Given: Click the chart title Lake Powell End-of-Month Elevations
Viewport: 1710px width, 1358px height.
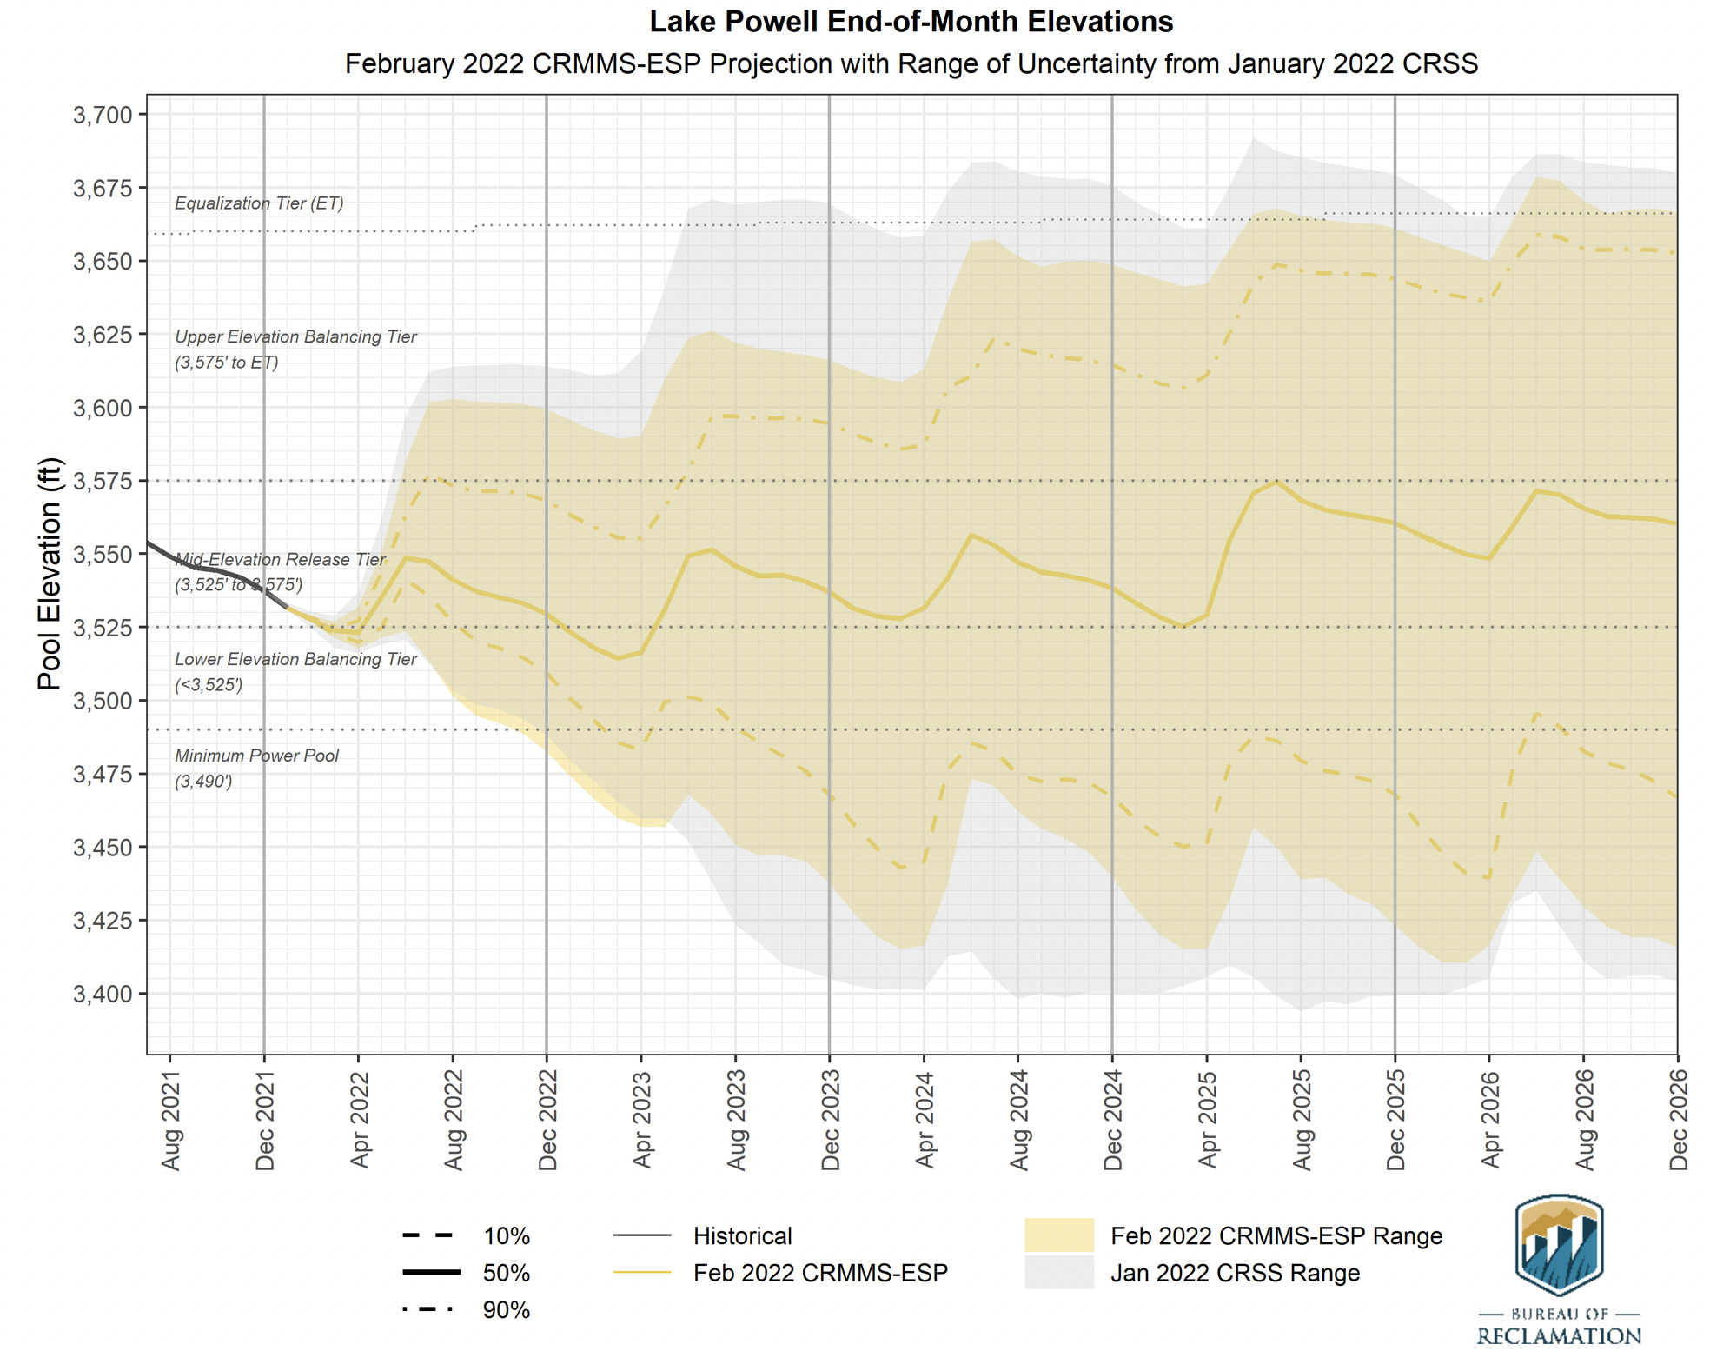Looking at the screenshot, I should tap(911, 22).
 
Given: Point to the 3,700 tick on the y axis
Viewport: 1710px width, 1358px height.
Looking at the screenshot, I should tap(103, 115).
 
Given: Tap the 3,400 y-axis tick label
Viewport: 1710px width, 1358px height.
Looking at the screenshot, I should tap(103, 994).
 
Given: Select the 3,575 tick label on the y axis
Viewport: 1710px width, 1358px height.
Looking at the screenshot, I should tap(103, 481).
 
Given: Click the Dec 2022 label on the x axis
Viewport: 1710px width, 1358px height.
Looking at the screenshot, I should tap(547, 1121).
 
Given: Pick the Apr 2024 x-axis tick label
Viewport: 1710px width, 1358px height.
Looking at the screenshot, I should tap(925, 1121).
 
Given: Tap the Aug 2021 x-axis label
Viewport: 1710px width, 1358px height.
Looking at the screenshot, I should tap(170, 1121).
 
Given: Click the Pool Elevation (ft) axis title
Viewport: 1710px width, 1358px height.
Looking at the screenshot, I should tap(50, 574).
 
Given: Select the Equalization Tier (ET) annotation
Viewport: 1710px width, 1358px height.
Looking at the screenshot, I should tap(259, 203).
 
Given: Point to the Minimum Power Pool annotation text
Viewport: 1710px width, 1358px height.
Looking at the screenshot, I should tap(256, 756).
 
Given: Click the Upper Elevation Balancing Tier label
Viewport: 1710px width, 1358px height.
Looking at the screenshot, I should tap(295, 337).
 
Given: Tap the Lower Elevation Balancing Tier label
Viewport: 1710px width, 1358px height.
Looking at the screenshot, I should tap(295, 660).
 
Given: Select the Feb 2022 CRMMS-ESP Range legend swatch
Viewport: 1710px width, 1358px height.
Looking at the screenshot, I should tap(1058, 1235).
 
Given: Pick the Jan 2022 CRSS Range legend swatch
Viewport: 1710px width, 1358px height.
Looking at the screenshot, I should tap(1058, 1273).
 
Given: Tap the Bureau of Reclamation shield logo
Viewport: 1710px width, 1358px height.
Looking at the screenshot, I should tap(1559, 1245).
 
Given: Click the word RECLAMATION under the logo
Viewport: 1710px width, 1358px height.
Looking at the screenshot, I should tap(1559, 1336).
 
